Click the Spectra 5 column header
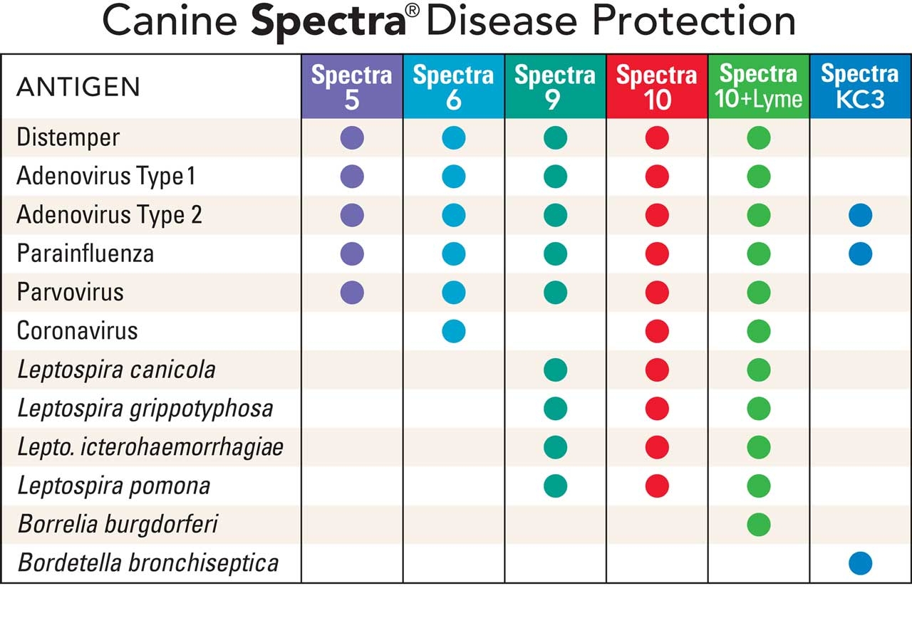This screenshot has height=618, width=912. [x=352, y=86]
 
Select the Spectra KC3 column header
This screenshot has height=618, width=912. [x=860, y=86]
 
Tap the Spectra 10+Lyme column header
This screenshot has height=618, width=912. [x=759, y=86]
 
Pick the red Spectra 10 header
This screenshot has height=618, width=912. [x=657, y=86]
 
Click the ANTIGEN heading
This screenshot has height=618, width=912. [x=78, y=88]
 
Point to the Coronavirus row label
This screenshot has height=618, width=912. [x=77, y=331]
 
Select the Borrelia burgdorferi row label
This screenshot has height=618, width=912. [x=118, y=525]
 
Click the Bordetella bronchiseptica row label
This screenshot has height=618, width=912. [x=147, y=563]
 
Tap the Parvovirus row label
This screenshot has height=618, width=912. [x=70, y=293]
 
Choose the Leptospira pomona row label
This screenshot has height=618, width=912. [x=113, y=486]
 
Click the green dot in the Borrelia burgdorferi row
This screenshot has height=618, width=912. [x=759, y=525]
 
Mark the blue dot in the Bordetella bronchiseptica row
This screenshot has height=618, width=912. [x=860, y=563]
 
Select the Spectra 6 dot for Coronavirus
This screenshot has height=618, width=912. [x=453, y=331]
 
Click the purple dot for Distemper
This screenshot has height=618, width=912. [x=352, y=137]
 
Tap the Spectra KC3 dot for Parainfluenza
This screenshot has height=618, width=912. [x=860, y=253]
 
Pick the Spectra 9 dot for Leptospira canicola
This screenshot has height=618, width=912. [x=555, y=370]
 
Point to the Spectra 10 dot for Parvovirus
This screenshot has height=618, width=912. [x=657, y=292]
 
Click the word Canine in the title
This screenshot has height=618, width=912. [x=172, y=22]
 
